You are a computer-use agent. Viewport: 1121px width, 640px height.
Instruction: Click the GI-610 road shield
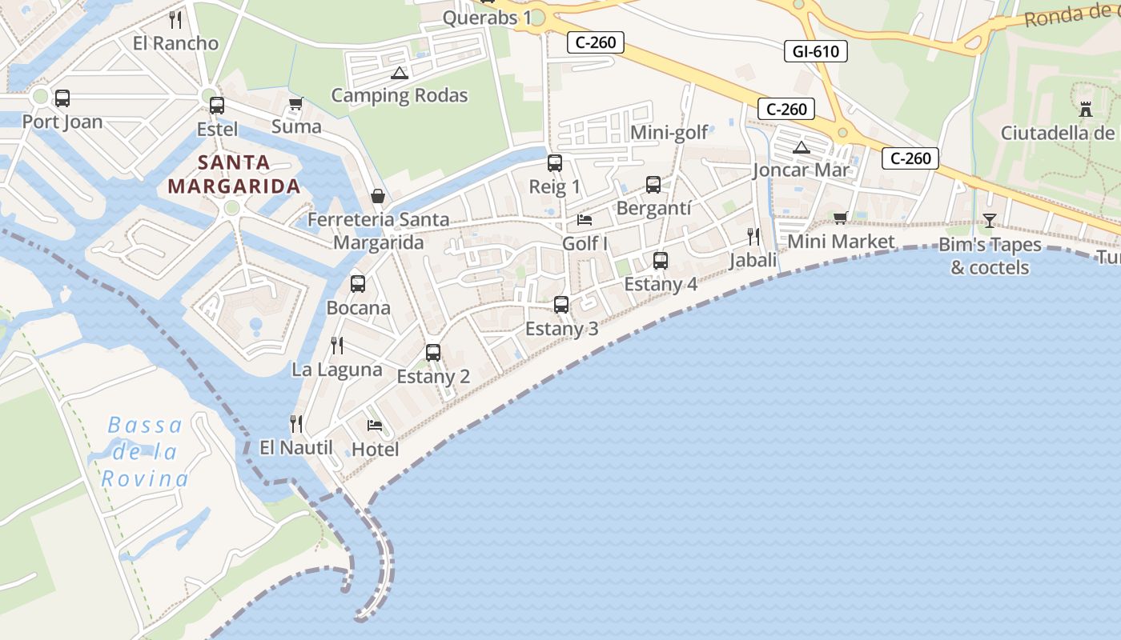point(815,52)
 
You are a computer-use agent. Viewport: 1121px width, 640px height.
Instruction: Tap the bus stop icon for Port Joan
point(62,98)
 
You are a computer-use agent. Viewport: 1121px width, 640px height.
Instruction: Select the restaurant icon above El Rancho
point(176,20)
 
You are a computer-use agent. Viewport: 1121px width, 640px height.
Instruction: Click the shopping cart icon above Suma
point(295,103)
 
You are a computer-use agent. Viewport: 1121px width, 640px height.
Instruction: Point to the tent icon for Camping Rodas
point(399,74)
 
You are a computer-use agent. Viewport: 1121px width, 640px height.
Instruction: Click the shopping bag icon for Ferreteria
point(377,196)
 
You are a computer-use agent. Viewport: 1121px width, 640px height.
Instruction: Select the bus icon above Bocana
point(358,283)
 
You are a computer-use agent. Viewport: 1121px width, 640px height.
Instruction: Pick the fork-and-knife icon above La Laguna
point(337,346)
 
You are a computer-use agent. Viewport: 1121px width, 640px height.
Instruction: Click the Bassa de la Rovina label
point(145,452)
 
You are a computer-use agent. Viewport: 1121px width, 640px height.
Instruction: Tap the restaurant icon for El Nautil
point(295,423)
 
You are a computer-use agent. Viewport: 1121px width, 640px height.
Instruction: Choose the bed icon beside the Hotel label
point(375,426)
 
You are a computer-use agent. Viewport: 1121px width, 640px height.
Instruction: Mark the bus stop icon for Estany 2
point(433,352)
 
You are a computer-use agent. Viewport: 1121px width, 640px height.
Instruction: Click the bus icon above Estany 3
point(561,305)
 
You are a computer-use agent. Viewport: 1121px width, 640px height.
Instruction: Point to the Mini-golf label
point(669,132)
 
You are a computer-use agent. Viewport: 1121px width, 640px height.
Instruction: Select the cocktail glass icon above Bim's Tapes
point(990,220)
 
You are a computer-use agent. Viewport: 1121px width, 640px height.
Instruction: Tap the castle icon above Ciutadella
point(1086,110)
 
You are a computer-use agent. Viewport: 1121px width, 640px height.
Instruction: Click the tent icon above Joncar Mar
point(802,147)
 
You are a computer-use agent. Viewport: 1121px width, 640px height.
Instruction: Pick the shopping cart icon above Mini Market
point(841,218)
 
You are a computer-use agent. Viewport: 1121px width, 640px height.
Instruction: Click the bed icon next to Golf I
point(585,220)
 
